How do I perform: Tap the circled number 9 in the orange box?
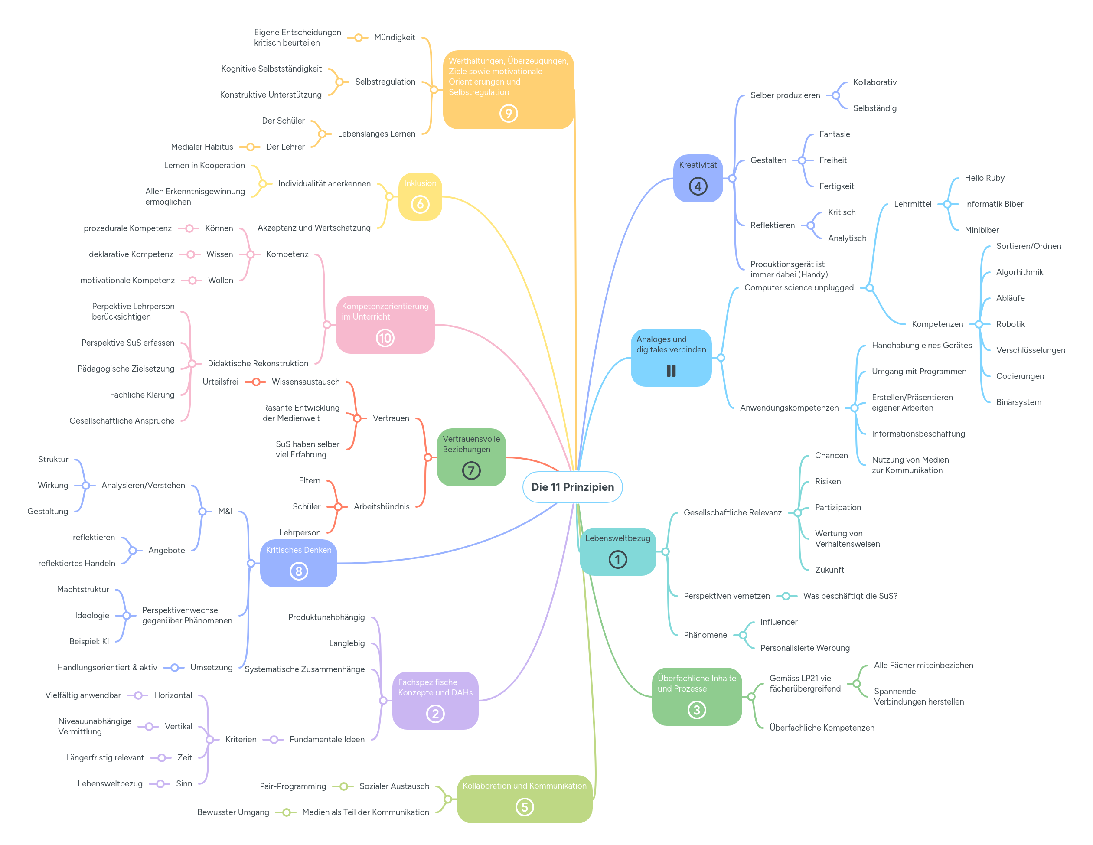pyautogui.click(x=509, y=114)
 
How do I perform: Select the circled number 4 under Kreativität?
pyautogui.click(x=698, y=186)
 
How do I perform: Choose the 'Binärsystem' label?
pyautogui.click(x=1018, y=402)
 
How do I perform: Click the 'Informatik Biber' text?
pyautogui.click(x=993, y=204)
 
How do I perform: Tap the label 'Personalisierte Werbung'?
pyautogui.click(x=805, y=648)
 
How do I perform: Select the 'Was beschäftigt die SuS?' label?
pyautogui.click(x=850, y=596)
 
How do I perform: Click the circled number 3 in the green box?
pyautogui.click(x=697, y=709)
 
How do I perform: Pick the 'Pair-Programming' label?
pyautogui.click(x=293, y=786)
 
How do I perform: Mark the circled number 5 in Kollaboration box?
pyautogui.click(x=525, y=807)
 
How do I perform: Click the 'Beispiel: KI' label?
pyautogui.click(x=89, y=641)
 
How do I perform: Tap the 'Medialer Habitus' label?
pyautogui.click(x=202, y=147)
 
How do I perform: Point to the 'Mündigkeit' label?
pyautogui.click(x=395, y=38)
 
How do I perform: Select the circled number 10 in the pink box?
pyautogui.click(x=385, y=338)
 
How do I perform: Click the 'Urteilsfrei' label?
pyautogui.click(x=220, y=382)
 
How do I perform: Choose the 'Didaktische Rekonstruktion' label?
pyautogui.click(x=258, y=363)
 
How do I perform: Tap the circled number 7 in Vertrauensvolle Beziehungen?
pyautogui.click(x=471, y=470)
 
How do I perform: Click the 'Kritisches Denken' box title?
pyautogui.click(x=298, y=550)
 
